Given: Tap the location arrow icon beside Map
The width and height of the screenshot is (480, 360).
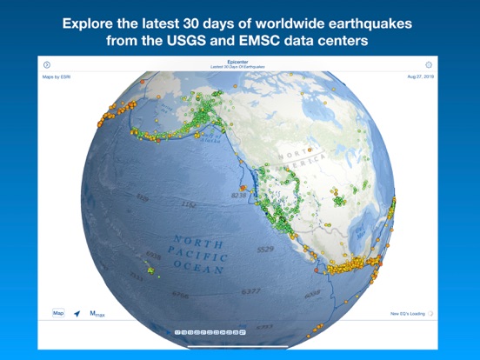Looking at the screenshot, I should tap(77, 313).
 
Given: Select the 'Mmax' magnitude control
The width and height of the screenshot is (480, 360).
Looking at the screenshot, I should tap(97, 313).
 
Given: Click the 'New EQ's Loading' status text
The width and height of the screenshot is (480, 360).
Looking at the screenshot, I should tap(406, 313).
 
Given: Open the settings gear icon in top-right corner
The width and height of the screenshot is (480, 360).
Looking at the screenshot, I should tap(429, 64).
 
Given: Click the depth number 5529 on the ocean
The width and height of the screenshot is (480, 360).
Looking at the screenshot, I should tap(264, 250).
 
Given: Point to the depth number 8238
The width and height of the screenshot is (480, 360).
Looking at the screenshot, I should tap(239, 197).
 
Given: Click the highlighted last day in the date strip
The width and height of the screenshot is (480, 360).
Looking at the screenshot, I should tap(243, 332).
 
